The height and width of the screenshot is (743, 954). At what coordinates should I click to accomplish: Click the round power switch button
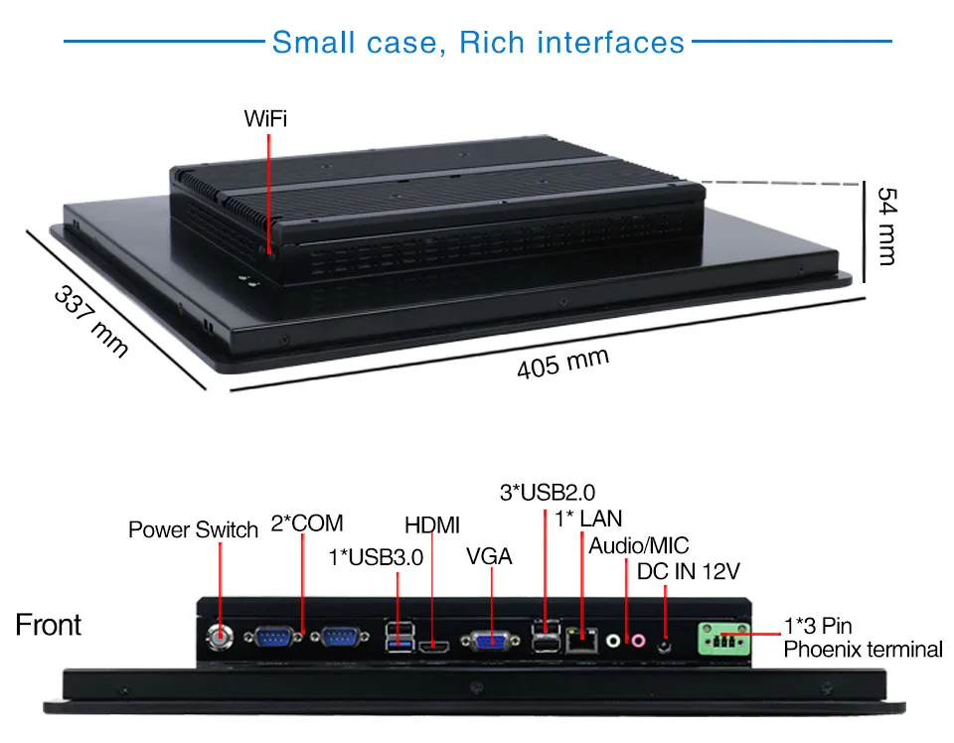219,633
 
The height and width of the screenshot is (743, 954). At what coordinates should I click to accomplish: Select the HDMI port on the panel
433,647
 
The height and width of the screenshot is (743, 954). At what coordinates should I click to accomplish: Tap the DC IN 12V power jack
665,643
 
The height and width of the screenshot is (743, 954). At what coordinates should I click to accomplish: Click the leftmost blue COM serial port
270,638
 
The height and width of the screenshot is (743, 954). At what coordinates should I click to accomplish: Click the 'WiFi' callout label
265,119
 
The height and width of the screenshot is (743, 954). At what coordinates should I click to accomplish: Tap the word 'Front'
49,625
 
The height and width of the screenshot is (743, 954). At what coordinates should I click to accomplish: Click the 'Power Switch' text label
193,530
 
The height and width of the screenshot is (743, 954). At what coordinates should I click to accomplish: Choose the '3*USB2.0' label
546,492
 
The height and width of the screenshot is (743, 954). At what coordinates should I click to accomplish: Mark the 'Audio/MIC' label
638,544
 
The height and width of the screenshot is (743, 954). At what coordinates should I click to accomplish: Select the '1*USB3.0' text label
376,557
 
